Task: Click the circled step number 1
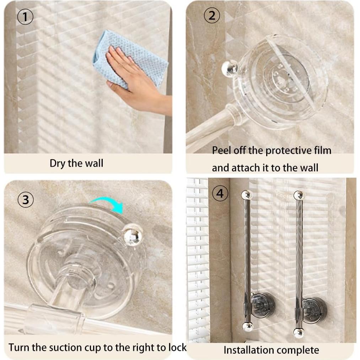pyautogui.click(x=25, y=17)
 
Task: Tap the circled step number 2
pyautogui.click(x=212, y=16)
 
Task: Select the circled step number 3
pyautogui.click(x=25, y=200)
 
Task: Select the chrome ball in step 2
pyautogui.click(x=230, y=68)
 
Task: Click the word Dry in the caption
pyautogui.click(x=58, y=163)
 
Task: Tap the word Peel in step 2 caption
pyautogui.click(x=221, y=150)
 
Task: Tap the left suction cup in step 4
pyautogui.click(x=263, y=305)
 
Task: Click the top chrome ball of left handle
pyautogui.click(x=246, y=195)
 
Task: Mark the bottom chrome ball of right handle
pyautogui.click(x=299, y=333)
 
